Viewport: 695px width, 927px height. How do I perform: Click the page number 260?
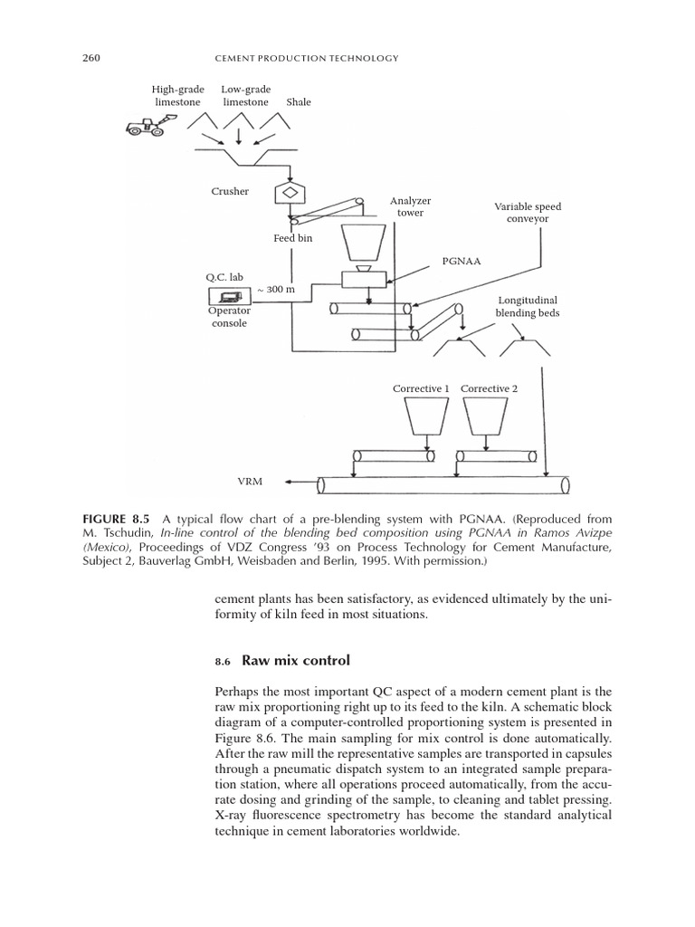coord(90,59)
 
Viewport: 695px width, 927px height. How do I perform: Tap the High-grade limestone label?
coord(177,96)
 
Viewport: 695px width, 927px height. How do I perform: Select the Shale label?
coord(298,102)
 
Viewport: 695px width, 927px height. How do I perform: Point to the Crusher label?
coord(231,192)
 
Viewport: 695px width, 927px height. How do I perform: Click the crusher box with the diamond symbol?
coord(291,193)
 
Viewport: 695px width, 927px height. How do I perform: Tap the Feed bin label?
coord(293,238)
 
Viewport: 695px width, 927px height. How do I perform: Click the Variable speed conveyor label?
coord(521,213)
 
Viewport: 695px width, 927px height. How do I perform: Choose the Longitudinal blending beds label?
coord(528,306)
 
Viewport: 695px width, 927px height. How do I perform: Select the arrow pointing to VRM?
coord(298,483)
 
